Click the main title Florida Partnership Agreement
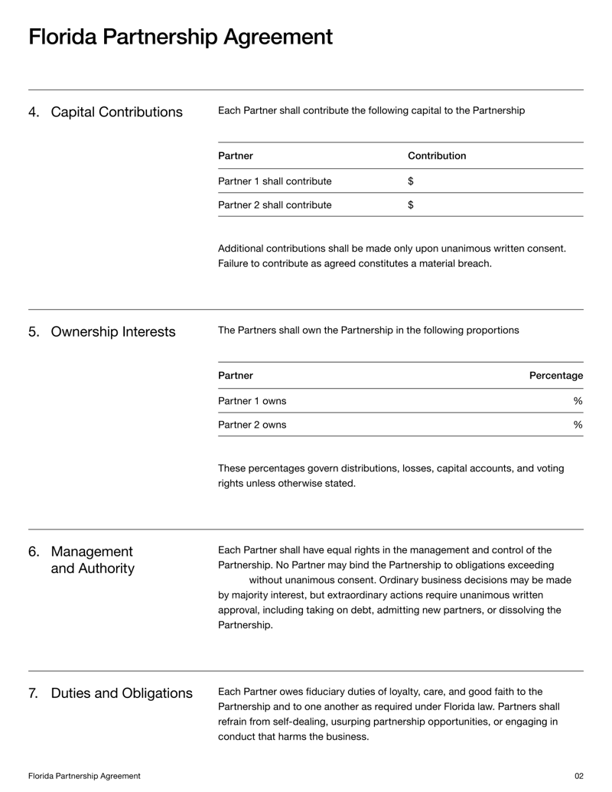181,37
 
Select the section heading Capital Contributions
116,112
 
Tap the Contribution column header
437,156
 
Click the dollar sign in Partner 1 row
411,181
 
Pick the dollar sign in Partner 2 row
411,205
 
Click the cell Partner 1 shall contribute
275,181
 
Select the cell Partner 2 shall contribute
275,205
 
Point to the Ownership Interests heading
112,332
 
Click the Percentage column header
556,376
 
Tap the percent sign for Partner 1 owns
578,401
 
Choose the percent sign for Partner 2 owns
578,425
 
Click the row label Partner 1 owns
252,401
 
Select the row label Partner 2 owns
252,425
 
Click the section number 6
33,552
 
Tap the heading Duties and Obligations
122,694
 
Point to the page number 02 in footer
578,776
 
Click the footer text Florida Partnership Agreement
84,776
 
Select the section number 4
33,112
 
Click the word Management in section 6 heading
92,552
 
